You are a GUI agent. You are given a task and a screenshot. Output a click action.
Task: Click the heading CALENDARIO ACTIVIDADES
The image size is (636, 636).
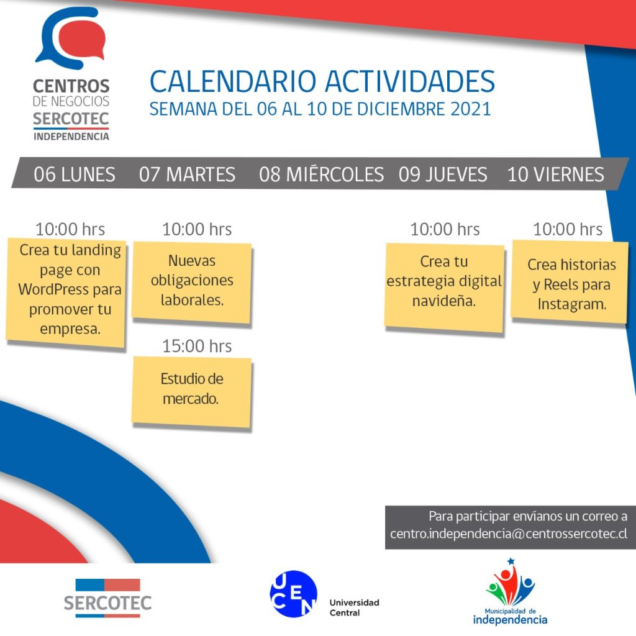tap(322, 81)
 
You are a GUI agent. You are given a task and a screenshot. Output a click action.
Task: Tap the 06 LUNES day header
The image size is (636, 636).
tap(75, 175)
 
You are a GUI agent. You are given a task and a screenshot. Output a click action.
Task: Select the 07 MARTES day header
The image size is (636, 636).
tap(187, 175)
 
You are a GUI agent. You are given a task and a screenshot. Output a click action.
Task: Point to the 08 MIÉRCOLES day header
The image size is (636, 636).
tap(321, 174)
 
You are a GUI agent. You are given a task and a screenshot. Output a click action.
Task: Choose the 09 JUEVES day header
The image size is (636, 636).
tap(442, 175)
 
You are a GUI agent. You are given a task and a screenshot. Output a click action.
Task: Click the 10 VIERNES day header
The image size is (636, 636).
tap(555, 175)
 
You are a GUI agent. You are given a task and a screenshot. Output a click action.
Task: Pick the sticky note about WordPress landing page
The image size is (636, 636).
tap(66, 293)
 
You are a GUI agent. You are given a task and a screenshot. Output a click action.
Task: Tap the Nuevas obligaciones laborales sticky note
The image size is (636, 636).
tap(192, 283)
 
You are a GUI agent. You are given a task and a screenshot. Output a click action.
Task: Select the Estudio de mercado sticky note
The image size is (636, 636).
tap(191, 392)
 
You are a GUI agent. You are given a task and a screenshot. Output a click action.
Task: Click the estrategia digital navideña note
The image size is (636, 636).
tap(444, 288)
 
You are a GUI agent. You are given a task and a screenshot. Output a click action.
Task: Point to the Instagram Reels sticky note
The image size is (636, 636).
tap(570, 282)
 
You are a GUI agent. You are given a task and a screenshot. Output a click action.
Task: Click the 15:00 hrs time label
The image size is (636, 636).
tap(197, 346)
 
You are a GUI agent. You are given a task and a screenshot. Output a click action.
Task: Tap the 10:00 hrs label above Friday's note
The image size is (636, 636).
tap(568, 229)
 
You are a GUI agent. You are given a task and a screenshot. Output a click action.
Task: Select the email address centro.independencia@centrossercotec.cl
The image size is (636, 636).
tap(509, 534)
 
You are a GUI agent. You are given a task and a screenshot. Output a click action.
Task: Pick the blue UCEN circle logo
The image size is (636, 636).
tap(293, 594)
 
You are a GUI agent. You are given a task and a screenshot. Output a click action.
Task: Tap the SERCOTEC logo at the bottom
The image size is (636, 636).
tap(107, 598)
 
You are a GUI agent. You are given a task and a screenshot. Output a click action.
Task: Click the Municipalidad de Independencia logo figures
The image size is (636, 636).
tap(511, 583)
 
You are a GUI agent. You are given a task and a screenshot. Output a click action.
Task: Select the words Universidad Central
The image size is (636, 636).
tap(354, 607)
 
